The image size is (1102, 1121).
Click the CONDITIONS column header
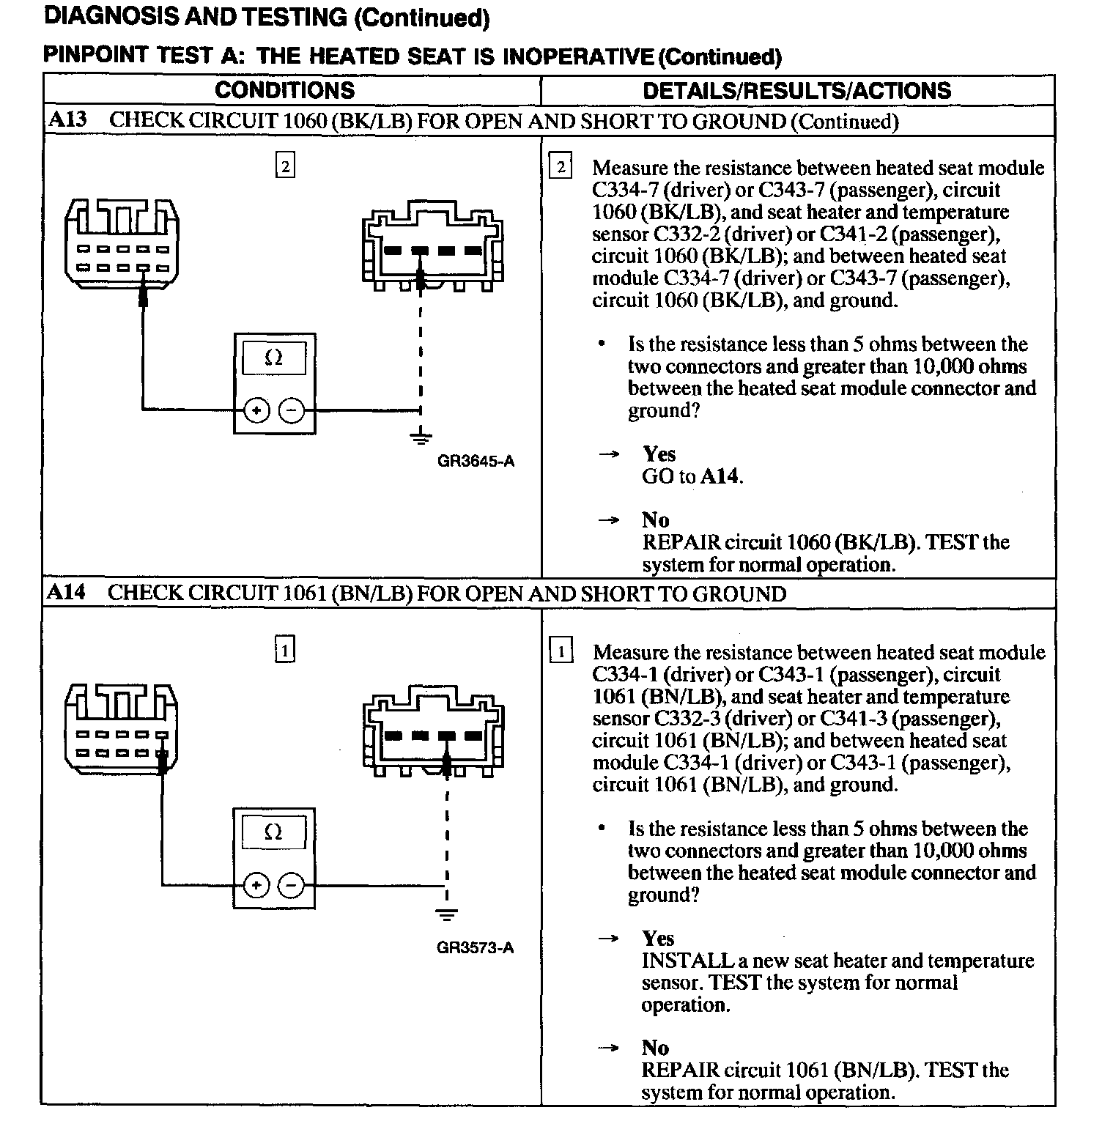(284, 90)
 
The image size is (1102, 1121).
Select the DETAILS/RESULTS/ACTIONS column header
(796, 90)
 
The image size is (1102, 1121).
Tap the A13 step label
(67, 120)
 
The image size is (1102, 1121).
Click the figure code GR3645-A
(476, 461)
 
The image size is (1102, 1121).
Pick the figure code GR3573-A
(476, 947)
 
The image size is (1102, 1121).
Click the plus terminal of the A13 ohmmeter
(256, 411)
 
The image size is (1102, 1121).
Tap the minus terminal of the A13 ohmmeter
(292, 411)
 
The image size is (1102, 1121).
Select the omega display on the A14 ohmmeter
(273, 832)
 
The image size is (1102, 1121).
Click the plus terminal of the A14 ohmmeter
(256, 886)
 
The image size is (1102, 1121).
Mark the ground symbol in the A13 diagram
(420, 439)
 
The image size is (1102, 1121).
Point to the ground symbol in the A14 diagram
(447, 914)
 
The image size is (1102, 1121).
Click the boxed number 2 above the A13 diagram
(285, 166)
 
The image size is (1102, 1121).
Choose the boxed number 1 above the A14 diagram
(285, 650)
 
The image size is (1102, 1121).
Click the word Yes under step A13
(659, 454)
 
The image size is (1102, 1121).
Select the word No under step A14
(655, 1048)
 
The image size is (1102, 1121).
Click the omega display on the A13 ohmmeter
(273, 358)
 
